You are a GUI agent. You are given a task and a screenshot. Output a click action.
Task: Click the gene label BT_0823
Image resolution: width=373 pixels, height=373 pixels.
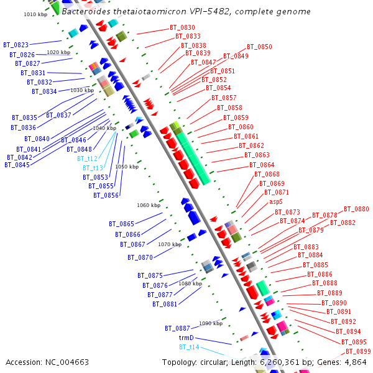16,45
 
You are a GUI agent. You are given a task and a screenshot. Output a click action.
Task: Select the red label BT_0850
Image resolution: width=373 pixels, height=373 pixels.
259,47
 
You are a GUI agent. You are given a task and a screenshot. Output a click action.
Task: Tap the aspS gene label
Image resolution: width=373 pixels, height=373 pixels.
276,201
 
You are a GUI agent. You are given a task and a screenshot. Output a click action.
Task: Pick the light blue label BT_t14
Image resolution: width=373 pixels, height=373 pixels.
189,347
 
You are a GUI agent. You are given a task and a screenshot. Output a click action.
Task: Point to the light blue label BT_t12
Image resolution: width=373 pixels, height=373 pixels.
87,159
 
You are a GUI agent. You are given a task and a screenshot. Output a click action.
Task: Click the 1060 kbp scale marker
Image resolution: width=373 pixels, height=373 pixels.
149,205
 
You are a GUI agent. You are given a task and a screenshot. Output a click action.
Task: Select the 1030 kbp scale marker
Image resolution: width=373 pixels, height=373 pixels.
81,90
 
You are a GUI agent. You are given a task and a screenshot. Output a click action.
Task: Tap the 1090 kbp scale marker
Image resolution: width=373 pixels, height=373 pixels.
211,323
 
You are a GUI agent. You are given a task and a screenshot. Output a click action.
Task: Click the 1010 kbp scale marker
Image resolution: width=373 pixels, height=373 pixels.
35,14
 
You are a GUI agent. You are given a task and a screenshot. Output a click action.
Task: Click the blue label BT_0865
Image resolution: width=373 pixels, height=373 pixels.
121,224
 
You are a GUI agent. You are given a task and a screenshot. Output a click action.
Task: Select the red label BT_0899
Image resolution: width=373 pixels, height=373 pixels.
358,352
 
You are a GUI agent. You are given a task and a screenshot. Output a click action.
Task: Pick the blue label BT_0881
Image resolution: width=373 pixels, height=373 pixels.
165,304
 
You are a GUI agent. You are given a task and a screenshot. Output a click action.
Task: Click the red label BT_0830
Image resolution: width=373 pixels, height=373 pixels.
182,27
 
